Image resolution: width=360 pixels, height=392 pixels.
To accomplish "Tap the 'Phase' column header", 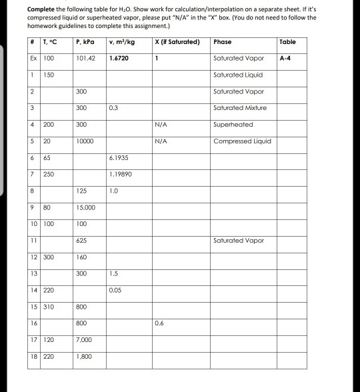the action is click(x=222, y=42).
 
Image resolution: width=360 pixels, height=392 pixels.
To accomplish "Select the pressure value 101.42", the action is click(x=87, y=59).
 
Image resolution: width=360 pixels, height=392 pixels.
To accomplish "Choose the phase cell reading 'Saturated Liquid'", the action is click(x=239, y=75).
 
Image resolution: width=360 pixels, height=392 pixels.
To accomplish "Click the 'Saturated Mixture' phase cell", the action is click(x=240, y=107).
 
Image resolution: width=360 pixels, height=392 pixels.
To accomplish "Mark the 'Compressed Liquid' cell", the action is click(x=241, y=141).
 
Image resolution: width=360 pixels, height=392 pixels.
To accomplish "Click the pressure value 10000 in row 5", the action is click(x=86, y=141).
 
